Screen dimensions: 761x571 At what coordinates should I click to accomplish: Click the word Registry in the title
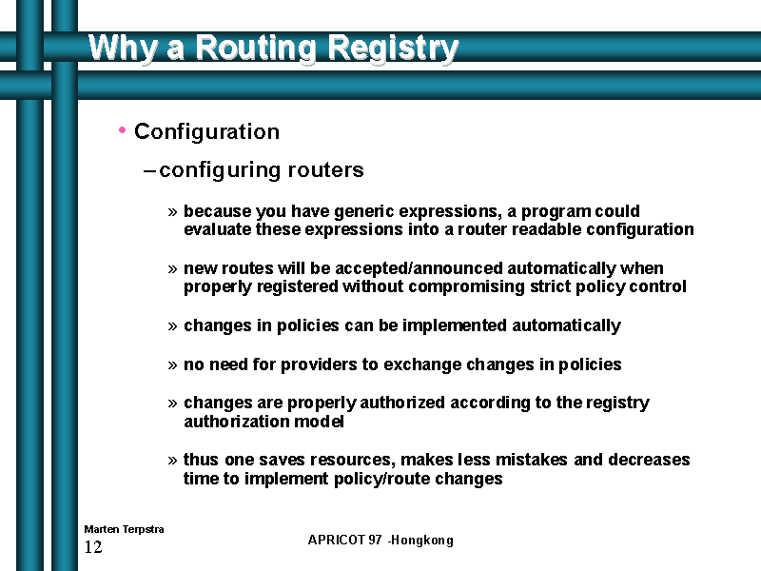(x=393, y=49)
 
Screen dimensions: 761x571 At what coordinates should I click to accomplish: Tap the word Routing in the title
(x=256, y=49)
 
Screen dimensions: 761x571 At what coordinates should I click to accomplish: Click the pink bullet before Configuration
(x=123, y=130)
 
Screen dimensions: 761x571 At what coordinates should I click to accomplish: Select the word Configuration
(x=206, y=131)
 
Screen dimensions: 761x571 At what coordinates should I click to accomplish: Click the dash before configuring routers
(x=149, y=171)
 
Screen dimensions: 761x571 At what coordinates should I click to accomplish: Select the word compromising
(x=466, y=287)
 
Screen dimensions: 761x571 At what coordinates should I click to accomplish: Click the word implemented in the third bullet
(x=455, y=325)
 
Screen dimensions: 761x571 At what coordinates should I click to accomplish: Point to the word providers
(x=319, y=364)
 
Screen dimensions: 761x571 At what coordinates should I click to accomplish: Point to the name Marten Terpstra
(x=124, y=529)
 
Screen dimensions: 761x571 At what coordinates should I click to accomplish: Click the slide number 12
(x=93, y=547)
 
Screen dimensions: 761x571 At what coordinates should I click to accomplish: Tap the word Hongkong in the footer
(x=421, y=541)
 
